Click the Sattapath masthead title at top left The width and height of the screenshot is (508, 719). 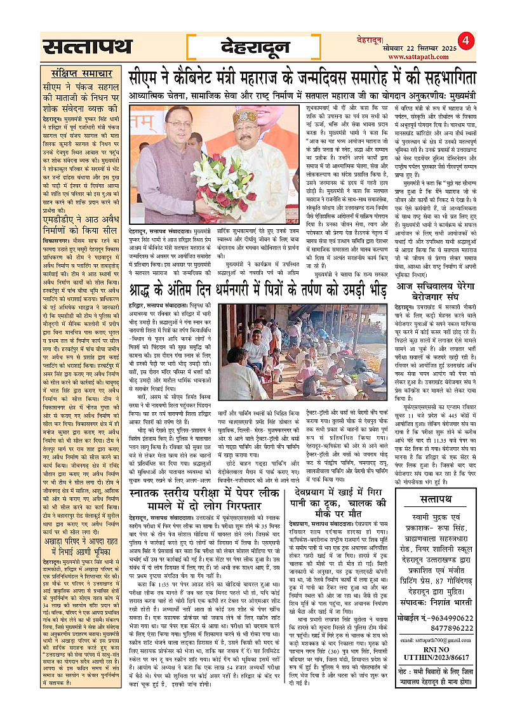[x=87, y=48]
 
